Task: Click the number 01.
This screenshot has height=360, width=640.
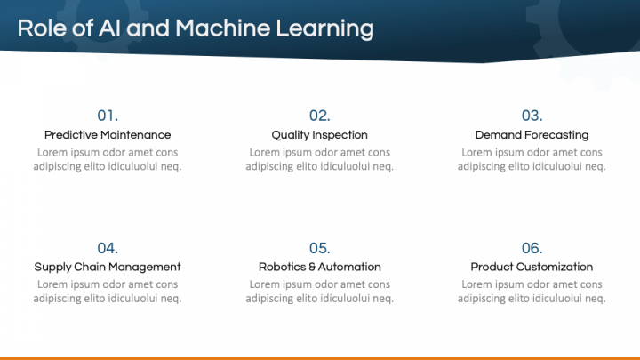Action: (x=108, y=116)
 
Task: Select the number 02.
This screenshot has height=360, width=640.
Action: (x=319, y=116)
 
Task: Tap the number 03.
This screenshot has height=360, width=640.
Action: (x=532, y=116)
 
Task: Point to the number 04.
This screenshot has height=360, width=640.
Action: (x=108, y=248)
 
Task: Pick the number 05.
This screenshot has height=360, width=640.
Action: (x=319, y=248)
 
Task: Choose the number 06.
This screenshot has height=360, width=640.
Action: (x=532, y=248)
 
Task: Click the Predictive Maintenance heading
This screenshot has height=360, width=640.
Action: (x=108, y=135)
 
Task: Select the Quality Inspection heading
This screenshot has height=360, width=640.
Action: (x=319, y=135)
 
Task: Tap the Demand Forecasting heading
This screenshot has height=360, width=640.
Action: (x=532, y=135)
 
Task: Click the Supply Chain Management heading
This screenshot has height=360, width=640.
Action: (x=108, y=267)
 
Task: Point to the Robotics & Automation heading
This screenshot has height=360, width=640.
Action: (x=319, y=267)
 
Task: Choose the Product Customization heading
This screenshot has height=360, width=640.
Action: (x=532, y=267)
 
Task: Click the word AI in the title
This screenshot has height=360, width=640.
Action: (x=111, y=28)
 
